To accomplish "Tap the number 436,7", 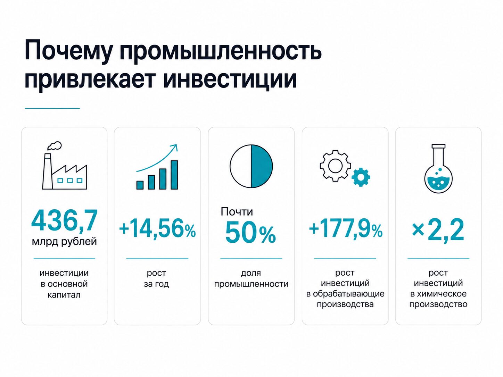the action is coord(64,220).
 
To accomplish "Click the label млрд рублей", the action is coord(64,242).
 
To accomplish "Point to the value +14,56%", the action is coord(157,228).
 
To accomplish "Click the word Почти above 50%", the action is coord(237,211).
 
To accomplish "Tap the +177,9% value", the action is coord(346,229).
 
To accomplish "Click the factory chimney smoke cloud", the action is coord(55,145).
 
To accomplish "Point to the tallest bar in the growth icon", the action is coord(174,175).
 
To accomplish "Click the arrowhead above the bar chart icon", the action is coord(175,148).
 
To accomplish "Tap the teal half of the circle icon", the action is coord(262,166).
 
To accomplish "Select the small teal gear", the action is coord(361,177).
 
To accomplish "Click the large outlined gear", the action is coord(335,166).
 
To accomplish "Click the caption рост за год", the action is coord(156,278).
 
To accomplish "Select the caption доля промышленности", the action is coord(251,278).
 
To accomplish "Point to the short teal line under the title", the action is coord(52,108).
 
